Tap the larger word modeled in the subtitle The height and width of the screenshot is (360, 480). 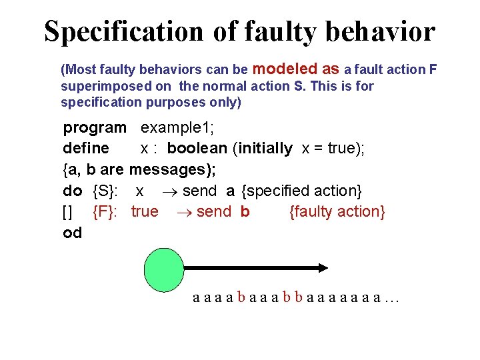[x=285, y=68]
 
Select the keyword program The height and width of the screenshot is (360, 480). [x=94, y=127]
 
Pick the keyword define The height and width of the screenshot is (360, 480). [x=85, y=148]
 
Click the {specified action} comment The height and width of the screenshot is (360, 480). [x=301, y=191]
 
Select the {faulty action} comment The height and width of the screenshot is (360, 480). [x=337, y=212]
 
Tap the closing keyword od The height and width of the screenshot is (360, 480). [x=72, y=233]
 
